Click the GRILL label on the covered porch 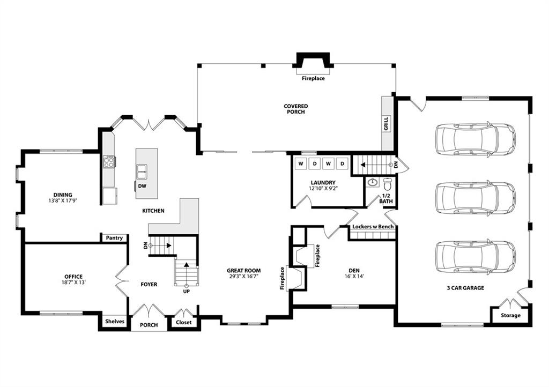(386, 123)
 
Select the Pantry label (114, 238)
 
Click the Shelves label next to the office (114, 322)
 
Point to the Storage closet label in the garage (510, 315)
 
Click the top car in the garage (475, 139)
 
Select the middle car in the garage (475, 198)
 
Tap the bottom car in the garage (475, 257)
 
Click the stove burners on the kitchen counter (109, 161)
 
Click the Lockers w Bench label (373, 227)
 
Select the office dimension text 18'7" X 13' (73, 282)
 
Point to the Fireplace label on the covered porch (313, 78)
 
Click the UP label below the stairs (187, 292)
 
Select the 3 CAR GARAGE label (465, 288)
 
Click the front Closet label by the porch (184, 322)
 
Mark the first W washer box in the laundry (301, 163)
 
